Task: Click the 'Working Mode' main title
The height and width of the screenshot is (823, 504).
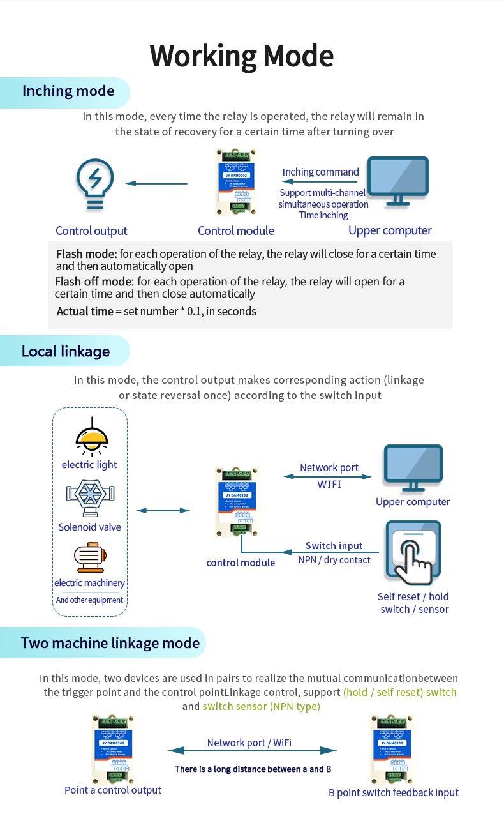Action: tap(242, 56)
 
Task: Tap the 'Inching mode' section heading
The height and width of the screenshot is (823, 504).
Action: tap(68, 91)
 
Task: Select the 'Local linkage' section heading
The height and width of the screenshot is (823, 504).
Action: tap(66, 351)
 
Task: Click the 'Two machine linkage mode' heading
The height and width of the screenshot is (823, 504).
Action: tap(110, 642)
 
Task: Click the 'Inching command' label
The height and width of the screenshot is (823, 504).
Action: tap(320, 172)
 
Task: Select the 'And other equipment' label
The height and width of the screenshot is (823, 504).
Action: tap(89, 600)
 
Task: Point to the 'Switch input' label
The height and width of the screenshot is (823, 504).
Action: tap(334, 546)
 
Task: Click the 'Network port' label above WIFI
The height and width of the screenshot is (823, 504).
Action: tap(329, 467)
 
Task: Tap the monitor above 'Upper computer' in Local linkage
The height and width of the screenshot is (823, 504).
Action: tap(413, 468)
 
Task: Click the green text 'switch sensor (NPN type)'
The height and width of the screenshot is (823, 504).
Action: tap(261, 706)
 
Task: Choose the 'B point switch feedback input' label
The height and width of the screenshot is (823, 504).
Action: tap(394, 792)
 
